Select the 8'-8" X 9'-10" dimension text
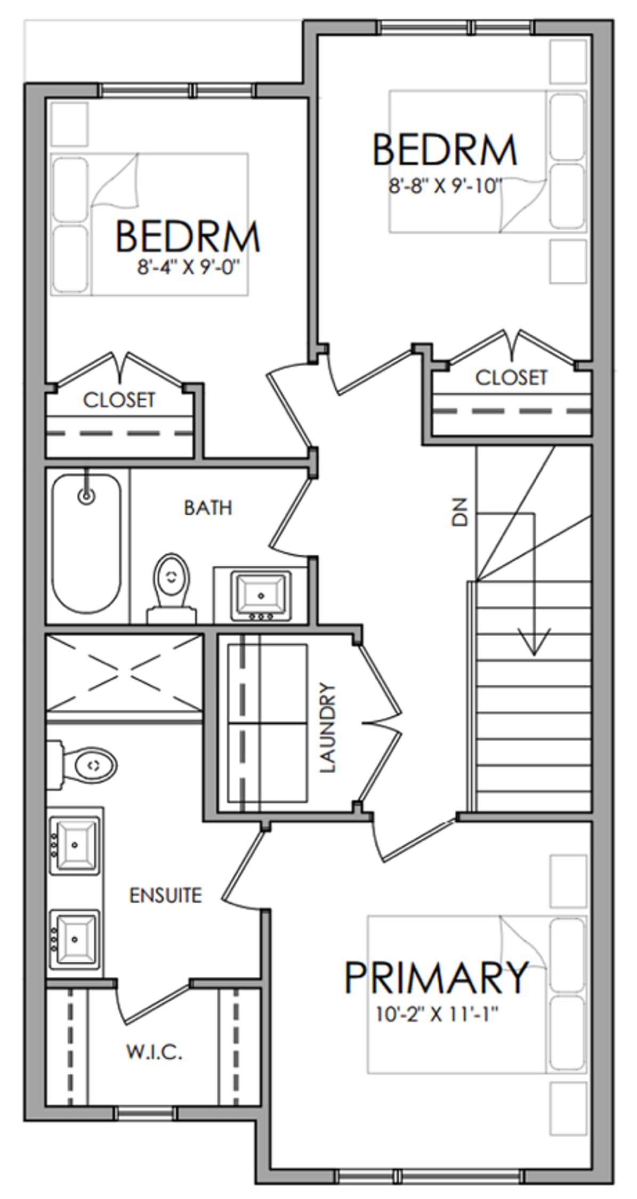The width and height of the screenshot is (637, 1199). (x=446, y=187)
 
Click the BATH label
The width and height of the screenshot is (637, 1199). (x=208, y=508)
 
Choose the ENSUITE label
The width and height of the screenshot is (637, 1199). (x=166, y=895)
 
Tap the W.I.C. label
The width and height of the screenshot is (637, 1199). (x=154, y=1052)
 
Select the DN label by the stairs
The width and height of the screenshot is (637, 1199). (x=459, y=512)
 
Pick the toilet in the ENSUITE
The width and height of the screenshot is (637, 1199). (x=82, y=765)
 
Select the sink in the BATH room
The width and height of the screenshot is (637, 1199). (x=261, y=596)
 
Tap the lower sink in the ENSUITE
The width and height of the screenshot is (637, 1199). (x=75, y=939)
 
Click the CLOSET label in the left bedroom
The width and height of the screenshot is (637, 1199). (x=119, y=400)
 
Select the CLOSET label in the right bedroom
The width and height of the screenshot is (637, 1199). (x=511, y=378)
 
